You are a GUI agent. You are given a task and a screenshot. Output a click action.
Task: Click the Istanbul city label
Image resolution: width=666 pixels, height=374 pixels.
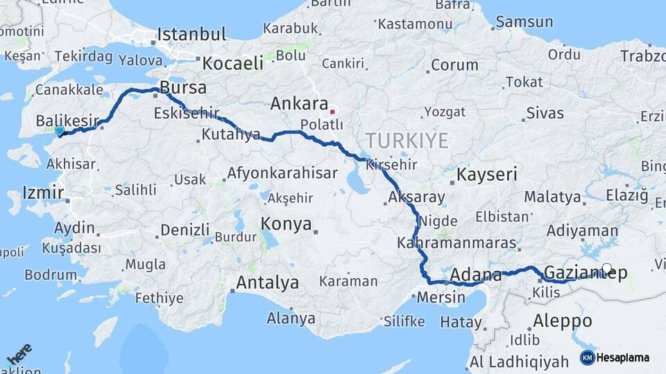click(x=191, y=34)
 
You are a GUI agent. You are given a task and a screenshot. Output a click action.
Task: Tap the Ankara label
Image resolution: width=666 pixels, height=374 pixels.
click(x=299, y=104)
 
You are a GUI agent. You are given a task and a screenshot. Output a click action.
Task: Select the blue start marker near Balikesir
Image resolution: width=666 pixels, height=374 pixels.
click(x=60, y=130)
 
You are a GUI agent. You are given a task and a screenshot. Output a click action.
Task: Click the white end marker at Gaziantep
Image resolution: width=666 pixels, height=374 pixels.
click(x=607, y=269)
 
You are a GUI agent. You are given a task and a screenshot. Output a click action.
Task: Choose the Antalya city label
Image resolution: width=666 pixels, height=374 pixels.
click(x=267, y=283)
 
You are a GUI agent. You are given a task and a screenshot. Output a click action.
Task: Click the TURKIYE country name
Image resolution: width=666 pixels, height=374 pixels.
click(x=407, y=141)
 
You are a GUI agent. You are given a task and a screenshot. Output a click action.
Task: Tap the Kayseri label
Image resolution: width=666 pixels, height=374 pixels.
click(x=486, y=174)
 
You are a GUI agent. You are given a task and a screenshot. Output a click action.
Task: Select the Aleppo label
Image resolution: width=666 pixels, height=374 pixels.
click(x=563, y=321)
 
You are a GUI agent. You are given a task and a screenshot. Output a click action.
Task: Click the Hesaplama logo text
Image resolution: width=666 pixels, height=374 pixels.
click(x=622, y=357)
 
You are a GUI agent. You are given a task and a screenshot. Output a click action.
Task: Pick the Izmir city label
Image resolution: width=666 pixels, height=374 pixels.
click(x=43, y=192)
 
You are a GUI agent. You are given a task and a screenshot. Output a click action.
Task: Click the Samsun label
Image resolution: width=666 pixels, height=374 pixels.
click(x=524, y=21)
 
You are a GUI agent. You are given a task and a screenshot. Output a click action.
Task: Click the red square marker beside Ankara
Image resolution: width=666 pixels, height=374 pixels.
click(x=333, y=111)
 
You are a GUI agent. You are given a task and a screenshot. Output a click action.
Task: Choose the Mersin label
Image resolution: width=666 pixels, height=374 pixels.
click(x=441, y=297)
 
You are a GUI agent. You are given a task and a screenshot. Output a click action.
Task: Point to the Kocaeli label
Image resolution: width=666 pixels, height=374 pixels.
click(x=232, y=63)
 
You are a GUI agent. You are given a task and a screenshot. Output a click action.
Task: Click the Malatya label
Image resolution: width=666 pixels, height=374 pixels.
click(x=552, y=197)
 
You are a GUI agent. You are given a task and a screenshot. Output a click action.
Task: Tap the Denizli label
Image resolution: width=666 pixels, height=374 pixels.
click(x=185, y=229)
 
